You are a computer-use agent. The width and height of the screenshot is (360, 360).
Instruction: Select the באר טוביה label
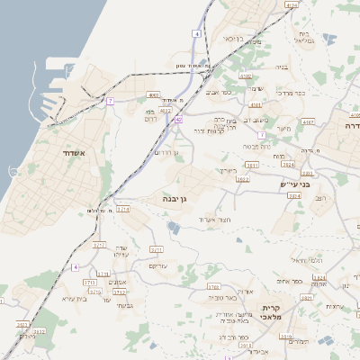[x=220, y=296]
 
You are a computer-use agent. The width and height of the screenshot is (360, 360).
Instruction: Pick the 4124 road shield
[x=291, y=5]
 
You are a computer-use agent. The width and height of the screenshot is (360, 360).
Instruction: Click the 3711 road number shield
[x=157, y=248]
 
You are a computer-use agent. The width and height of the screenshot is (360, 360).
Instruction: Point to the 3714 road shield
[x=122, y=208]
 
